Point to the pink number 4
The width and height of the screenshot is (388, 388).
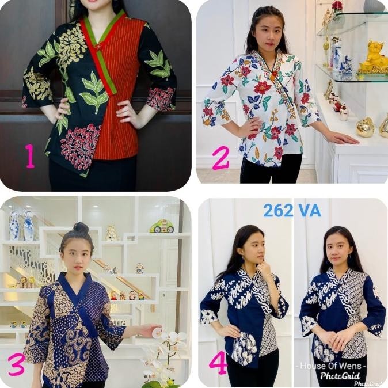tap(218, 362)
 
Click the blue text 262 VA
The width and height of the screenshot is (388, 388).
tap(292, 210)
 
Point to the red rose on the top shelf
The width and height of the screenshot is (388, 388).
tap(337, 6)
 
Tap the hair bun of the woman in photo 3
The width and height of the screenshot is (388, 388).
tap(81, 228)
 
